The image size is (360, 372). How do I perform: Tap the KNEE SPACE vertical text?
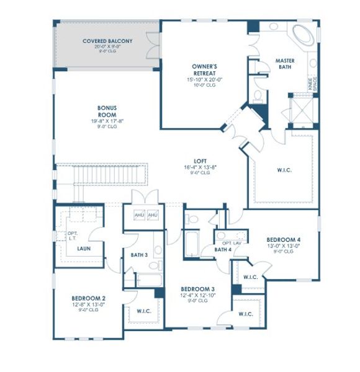(x=312, y=84)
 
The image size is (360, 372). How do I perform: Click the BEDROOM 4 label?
(x=284, y=239)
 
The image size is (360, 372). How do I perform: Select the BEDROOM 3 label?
(x=197, y=289)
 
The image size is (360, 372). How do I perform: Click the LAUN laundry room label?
(x=84, y=249)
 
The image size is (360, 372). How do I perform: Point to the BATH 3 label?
(x=139, y=255)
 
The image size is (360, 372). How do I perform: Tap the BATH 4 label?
(x=222, y=249)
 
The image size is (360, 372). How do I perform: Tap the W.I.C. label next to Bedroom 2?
(x=144, y=311)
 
